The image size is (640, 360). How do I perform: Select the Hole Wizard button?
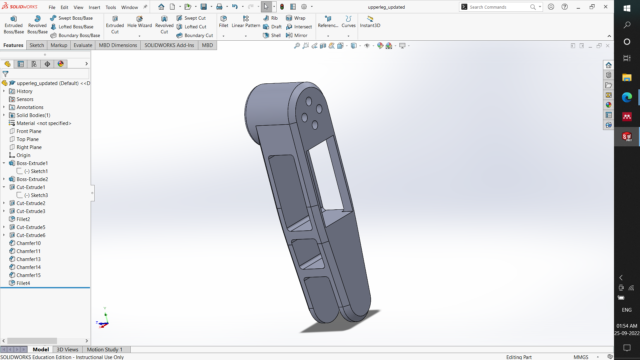point(139,22)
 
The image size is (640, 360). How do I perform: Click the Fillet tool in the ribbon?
point(224,22)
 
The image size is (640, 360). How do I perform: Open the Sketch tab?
point(37,45)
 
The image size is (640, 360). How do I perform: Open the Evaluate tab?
point(83,45)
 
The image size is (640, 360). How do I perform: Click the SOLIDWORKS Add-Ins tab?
point(169,45)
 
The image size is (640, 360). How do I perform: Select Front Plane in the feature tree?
point(29,131)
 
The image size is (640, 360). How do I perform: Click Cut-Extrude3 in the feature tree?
point(31,211)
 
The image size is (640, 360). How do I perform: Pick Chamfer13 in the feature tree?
point(29,259)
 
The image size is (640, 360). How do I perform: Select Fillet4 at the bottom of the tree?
point(23,283)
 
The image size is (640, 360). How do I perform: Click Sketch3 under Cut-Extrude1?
point(39,195)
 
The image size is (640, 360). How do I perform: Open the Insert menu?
point(94,7)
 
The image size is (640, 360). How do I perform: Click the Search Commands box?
point(498,7)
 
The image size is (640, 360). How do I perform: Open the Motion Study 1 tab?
point(105,349)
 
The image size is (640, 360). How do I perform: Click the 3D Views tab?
point(67,349)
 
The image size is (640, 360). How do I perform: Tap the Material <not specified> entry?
point(44,123)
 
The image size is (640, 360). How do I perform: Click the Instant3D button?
point(370,22)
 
